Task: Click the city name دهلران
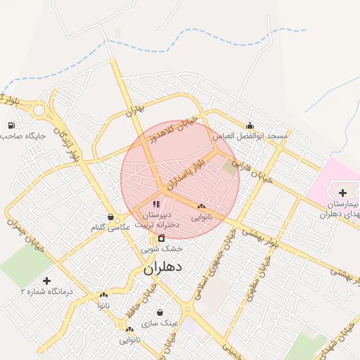[x=162, y=268]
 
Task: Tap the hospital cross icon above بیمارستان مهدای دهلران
[x=342, y=193]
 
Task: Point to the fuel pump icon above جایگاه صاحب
[x=11, y=126]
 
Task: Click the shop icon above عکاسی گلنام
[x=110, y=217]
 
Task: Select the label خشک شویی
[x=162, y=248]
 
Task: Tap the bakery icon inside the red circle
[x=202, y=207]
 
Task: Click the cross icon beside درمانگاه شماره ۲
[x=47, y=281]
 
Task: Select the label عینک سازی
[x=160, y=323]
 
